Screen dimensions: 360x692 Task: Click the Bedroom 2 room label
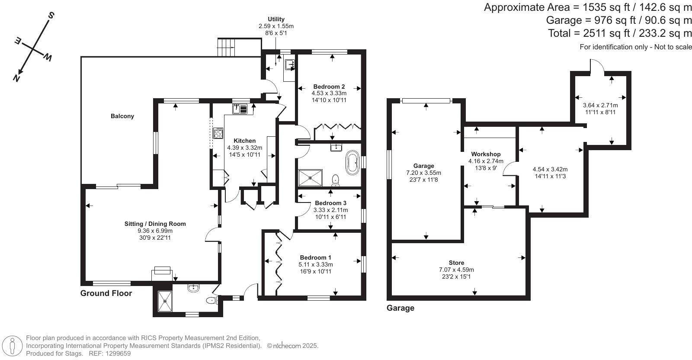coord(329,87)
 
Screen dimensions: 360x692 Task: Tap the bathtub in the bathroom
coord(352,163)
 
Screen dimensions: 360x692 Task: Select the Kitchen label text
coord(244,141)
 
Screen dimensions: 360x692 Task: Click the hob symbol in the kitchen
coord(218,133)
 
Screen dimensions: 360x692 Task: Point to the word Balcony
coord(122,116)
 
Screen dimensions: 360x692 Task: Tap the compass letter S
coord(51,16)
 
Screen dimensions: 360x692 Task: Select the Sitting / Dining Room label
coord(155,224)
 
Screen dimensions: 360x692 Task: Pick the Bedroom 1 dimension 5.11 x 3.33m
coord(315,264)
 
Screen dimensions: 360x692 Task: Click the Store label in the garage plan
coord(456,263)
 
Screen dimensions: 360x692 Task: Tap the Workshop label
coord(486,154)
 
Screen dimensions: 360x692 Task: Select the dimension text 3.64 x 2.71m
coord(600,105)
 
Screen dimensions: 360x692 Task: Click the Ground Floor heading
coord(106,293)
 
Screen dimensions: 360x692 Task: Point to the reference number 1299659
coord(115,353)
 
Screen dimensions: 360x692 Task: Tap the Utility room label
coord(276,19)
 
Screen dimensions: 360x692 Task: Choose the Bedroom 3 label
coord(330,203)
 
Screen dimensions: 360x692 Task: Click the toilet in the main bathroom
coord(335,179)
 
